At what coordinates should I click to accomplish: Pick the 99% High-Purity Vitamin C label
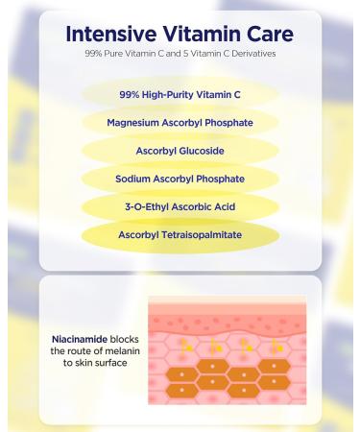point(180,95)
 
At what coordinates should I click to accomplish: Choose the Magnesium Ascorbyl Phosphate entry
point(180,123)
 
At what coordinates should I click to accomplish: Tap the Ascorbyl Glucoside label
point(180,151)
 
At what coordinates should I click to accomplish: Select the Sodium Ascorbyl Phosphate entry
point(180,179)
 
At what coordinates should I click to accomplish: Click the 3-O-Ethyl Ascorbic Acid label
point(180,206)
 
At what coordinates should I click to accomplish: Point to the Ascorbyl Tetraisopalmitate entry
point(180,234)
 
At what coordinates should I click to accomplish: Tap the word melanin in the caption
point(112,351)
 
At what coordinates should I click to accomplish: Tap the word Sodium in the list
point(135,179)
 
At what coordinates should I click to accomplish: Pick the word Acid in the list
point(226,206)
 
